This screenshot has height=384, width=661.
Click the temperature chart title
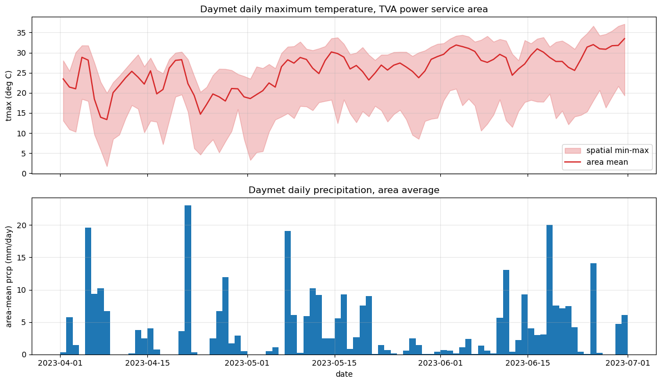(344, 9)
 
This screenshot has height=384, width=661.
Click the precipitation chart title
(344, 190)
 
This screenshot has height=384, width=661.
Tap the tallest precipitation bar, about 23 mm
(188, 280)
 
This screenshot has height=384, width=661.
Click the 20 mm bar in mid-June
(549, 289)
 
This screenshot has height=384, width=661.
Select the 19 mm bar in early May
(287, 293)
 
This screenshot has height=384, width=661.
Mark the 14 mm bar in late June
(593, 309)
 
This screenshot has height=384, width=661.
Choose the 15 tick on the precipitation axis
(22, 258)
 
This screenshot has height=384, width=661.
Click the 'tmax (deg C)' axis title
(9, 95)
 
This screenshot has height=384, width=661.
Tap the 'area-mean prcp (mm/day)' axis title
(9, 276)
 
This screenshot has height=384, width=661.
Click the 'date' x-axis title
(344, 374)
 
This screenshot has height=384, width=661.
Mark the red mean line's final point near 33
(624, 38)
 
